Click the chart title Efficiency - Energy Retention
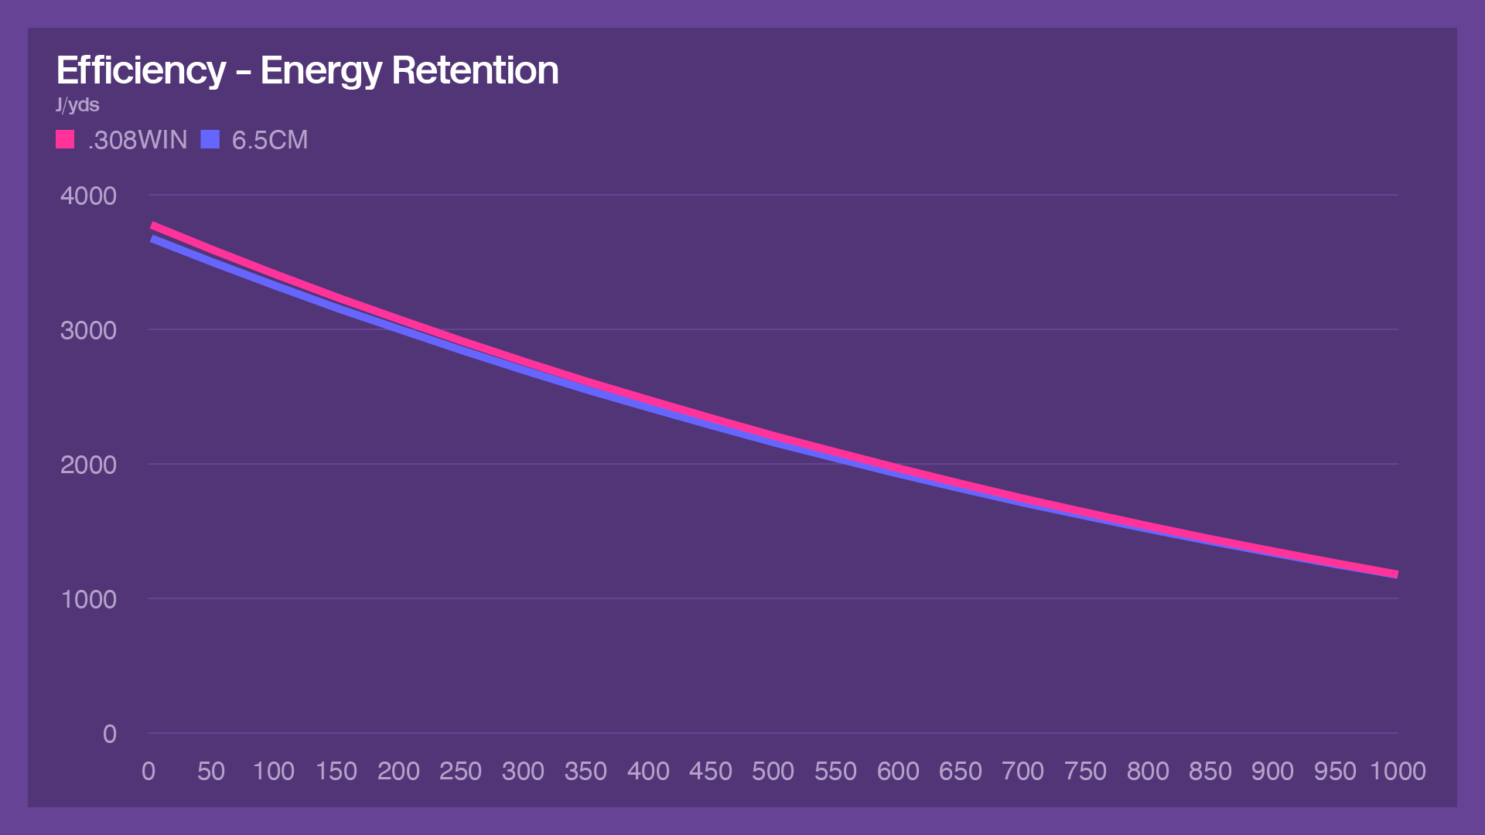point(307,70)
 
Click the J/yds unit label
point(77,105)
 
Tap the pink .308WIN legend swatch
point(65,139)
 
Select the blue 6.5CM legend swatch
point(210,139)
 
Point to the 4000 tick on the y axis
point(88,196)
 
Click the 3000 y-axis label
point(88,330)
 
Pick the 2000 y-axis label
point(88,465)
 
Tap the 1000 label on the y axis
point(88,599)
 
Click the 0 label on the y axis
point(109,734)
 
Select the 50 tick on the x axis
point(211,771)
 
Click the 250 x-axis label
point(460,771)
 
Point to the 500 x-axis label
point(773,771)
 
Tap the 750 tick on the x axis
point(1085,771)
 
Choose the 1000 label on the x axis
point(1398,771)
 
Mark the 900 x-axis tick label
point(1272,771)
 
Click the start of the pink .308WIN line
point(152,226)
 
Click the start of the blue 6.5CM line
point(152,240)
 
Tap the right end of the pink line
point(1396,574)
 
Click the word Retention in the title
point(475,70)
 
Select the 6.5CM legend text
point(270,140)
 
